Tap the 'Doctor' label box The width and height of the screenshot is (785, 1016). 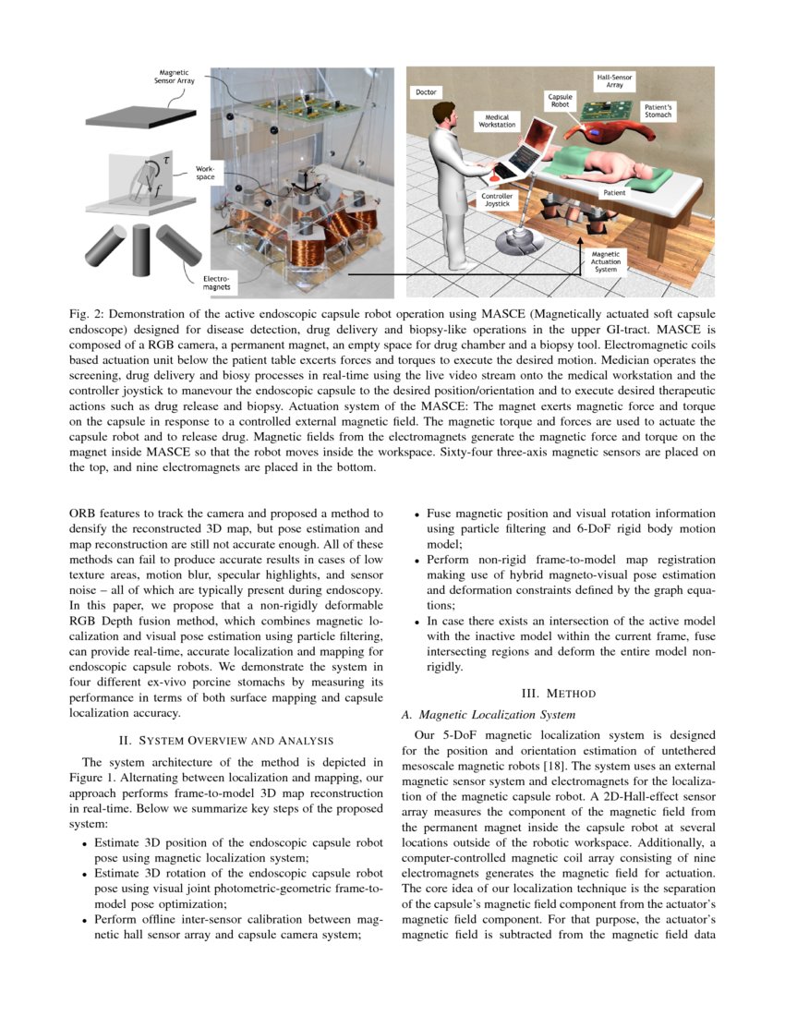(x=425, y=92)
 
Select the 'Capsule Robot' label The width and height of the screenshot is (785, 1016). (x=561, y=100)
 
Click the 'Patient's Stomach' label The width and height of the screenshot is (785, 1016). (x=658, y=111)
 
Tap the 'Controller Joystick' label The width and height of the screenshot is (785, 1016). (x=497, y=200)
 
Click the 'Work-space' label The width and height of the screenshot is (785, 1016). (x=204, y=173)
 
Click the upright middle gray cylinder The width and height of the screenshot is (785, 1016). (x=139, y=250)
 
